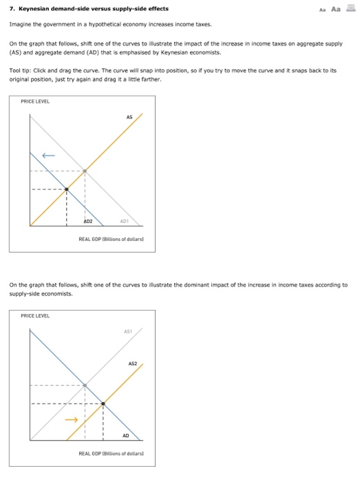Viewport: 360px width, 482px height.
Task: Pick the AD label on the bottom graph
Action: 125,436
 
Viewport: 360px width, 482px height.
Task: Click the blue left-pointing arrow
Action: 47,155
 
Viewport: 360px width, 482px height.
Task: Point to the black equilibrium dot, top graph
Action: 66,189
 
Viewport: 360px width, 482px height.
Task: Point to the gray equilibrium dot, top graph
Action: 85,171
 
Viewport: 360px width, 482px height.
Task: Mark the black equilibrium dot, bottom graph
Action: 103,403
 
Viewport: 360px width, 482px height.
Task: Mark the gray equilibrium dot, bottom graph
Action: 85,385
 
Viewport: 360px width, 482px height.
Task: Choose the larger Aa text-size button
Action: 336,8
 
